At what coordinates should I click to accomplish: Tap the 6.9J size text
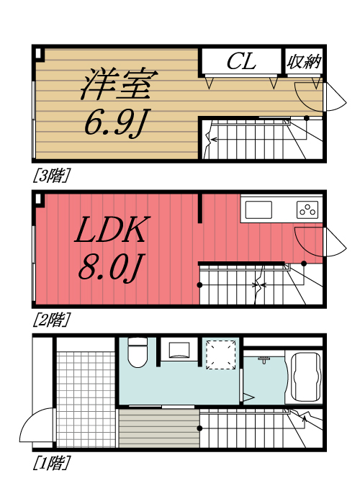tap(115, 124)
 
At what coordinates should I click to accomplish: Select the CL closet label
tap(240, 62)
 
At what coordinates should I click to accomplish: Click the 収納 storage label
tap(304, 62)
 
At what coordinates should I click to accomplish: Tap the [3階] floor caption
tap(51, 175)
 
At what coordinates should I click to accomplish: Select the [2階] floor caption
tap(51, 318)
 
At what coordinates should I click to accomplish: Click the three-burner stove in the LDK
tap(307, 210)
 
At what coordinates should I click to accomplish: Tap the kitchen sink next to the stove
tap(259, 210)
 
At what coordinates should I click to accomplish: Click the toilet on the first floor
tap(136, 354)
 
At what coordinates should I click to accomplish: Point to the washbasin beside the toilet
tap(179, 351)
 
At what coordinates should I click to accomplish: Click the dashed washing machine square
tap(220, 354)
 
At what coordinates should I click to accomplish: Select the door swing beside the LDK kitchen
tap(315, 241)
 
